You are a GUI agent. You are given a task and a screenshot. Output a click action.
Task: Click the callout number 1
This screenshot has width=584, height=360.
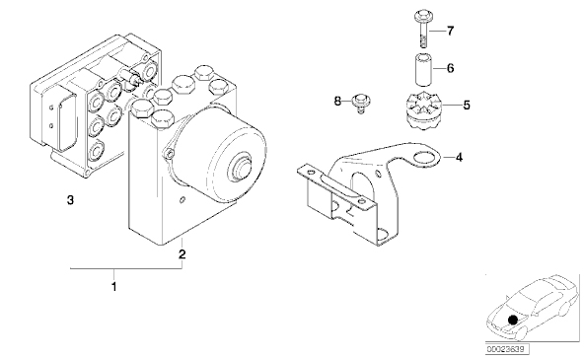pyautogui.click(x=114, y=287)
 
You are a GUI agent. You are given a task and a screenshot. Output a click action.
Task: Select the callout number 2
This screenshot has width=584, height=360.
pyautogui.click(x=182, y=254)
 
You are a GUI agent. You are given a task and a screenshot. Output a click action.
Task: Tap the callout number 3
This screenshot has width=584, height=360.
pyautogui.click(x=70, y=200)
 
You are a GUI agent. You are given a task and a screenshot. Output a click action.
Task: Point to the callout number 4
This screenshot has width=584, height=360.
pyautogui.click(x=459, y=158)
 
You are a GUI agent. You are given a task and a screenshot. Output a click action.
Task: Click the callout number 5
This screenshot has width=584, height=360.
pyautogui.click(x=467, y=105)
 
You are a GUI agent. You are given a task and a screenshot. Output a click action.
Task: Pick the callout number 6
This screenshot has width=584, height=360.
pyautogui.click(x=450, y=68)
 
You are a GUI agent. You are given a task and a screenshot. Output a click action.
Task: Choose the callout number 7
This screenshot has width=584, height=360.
pyautogui.click(x=450, y=31)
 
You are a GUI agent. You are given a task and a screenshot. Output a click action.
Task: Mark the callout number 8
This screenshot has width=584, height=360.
pyautogui.click(x=337, y=101)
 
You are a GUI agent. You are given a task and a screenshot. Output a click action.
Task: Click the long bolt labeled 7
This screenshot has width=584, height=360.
pyautogui.click(x=423, y=29)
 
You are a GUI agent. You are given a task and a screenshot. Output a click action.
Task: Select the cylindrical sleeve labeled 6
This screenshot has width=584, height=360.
pyautogui.click(x=423, y=70)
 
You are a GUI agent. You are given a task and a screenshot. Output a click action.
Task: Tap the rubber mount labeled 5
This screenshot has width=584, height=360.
pyautogui.click(x=422, y=110)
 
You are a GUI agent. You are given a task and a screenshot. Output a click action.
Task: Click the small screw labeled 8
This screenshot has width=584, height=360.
pyautogui.click(x=360, y=104)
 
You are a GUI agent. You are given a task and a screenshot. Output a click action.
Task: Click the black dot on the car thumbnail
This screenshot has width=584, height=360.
pyautogui.click(x=513, y=320)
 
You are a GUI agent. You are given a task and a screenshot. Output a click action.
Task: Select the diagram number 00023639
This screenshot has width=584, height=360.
pyautogui.click(x=506, y=349)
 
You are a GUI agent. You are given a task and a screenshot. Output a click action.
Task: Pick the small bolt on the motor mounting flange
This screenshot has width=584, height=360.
pyautogui.click(x=170, y=154)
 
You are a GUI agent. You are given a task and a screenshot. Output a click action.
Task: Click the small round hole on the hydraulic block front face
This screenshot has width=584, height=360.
pyautogui.click(x=182, y=200)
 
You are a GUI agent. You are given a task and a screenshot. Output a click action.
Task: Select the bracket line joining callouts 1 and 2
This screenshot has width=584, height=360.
pyautogui.click(x=126, y=268)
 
